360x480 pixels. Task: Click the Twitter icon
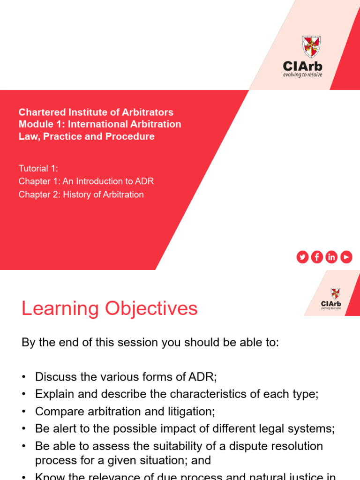click(302, 257)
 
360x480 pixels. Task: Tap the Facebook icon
click(317, 257)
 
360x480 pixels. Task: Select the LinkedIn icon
click(331, 257)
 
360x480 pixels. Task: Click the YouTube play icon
click(346, 257)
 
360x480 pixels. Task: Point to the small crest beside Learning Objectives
click(335, 294)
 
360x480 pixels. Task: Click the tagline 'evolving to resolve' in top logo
click(303, 75)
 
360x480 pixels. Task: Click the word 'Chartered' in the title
click(39, 112)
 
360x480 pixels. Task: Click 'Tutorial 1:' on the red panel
click(38, 168)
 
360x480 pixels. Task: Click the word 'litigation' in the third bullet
click(192, 412)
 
